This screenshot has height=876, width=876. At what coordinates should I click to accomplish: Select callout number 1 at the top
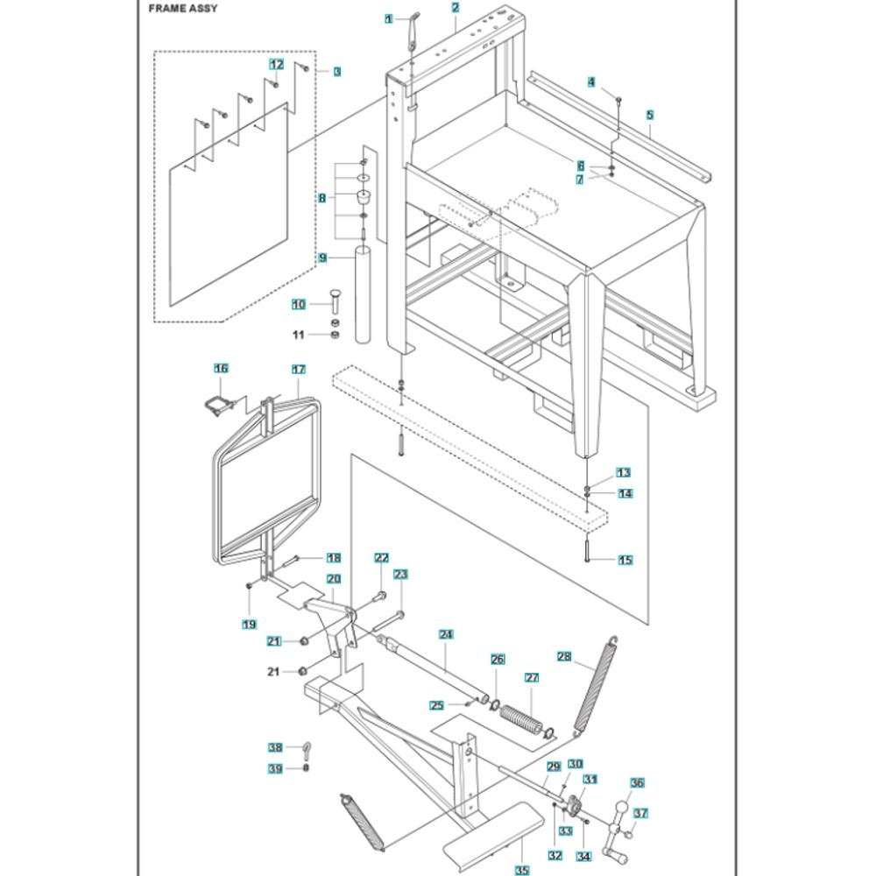click(x=389, y=18)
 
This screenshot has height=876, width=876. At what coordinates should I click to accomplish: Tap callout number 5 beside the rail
click(x=650, y=114)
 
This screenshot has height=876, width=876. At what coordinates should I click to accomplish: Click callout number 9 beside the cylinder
click(x=322, y=258)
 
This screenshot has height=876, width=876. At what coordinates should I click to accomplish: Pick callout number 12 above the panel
click(x=276, y=65)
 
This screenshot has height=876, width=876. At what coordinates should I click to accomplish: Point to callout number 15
click(x=625, y=560)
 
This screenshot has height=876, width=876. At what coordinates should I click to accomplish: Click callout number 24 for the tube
click(x=445, y=633)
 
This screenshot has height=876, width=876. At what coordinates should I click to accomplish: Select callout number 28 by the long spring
click(x=564, y=656)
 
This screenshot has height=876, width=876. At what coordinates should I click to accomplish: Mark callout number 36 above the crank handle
click(x=637, y=783)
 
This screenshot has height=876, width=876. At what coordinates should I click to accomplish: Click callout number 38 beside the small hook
click(x=276, y=748)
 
